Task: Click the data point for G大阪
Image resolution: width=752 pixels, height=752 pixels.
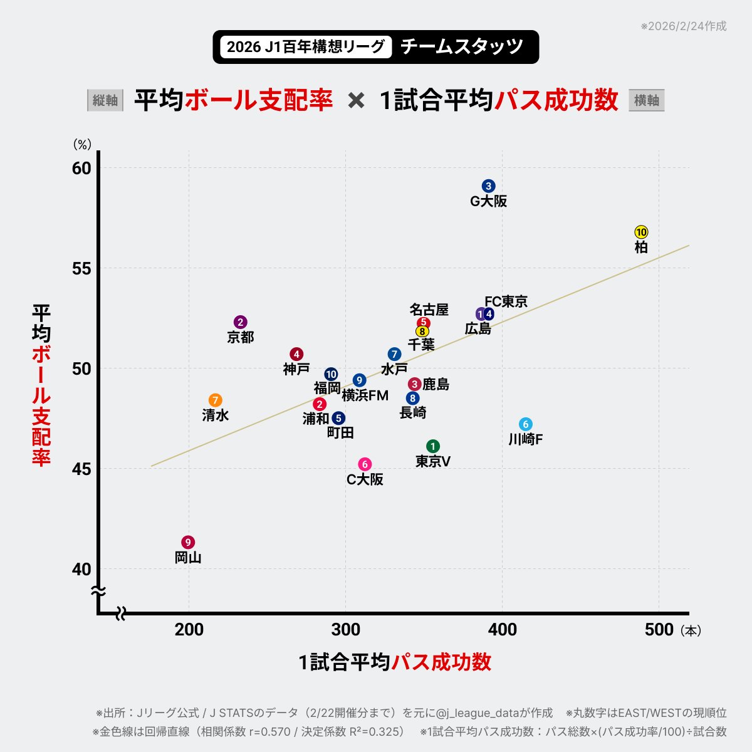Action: click(x=489, y=186)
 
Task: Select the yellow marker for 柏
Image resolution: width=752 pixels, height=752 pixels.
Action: click(x=641, y=232)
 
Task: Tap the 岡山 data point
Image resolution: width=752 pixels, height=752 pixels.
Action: click(x=188, y=542)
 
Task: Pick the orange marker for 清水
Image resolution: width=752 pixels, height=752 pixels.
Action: click(x=216, y=400)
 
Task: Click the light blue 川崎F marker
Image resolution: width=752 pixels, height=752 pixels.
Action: click(x=526, y=424)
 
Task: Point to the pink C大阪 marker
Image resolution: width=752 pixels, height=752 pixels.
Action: click(x=365, y=464)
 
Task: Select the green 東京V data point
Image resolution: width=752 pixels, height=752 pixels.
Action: click(x=433, y=446)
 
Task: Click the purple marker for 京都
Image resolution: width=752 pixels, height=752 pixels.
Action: click(x=241, y=322)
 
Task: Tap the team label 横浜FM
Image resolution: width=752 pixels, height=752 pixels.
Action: click(x=365, y=396)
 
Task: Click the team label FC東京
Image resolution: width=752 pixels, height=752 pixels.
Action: click(x=506, y=301)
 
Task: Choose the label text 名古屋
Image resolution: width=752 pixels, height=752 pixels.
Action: click(x=429, y=310)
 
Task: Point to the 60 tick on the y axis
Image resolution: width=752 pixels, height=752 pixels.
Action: click(x=81, y=168)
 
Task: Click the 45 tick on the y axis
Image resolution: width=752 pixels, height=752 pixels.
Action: click(x=81, y=469)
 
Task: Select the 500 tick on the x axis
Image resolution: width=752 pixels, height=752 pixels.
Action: click(x=659, y=630)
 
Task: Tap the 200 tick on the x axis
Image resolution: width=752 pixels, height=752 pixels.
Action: click(x=189, y=630)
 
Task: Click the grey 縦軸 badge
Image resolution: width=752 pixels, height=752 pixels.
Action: click(x=105, y=100)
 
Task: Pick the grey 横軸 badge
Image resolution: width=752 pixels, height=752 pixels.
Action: click(x=646, y=100)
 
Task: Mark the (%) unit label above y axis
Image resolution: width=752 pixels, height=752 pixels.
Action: click(x=83, y=145)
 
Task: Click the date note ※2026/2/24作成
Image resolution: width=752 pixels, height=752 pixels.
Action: click(x=683, y=26)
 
